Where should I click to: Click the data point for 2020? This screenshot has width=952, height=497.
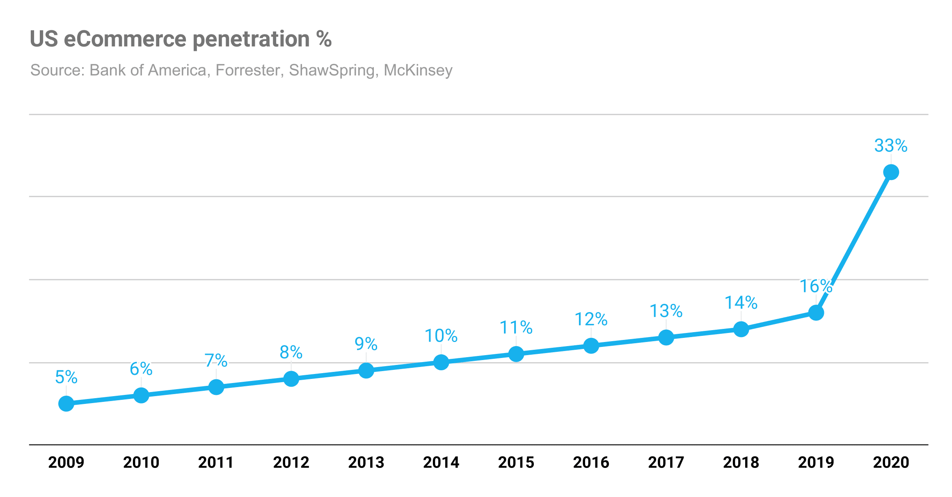click(891, 172)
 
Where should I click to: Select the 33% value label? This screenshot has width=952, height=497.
click(890, 146)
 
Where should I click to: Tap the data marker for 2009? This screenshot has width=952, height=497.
click(66, 404)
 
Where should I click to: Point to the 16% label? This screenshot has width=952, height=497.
click(816, 286)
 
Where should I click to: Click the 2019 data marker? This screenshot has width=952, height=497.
click(816, 313)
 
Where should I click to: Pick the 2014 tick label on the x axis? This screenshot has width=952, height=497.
click(441, 463)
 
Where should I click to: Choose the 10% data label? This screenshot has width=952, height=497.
click(441, 336)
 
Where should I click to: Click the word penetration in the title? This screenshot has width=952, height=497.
click(251, 39)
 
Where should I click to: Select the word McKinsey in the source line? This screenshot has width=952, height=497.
click(418, 70)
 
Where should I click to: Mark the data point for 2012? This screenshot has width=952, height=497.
click(291, 379)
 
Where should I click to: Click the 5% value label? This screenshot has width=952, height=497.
click(66, 377)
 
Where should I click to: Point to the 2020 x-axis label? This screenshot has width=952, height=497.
click(891, 463)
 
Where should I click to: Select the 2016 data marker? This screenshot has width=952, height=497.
click(591, 346)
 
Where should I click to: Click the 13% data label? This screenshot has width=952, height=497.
click(666, 311)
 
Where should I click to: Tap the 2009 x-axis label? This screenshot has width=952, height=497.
click(66, 463)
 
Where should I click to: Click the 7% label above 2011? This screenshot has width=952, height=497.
click(216, 360)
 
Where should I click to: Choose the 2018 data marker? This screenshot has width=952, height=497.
click(741, 329)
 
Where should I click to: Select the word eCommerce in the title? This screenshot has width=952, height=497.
click(125, 39)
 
